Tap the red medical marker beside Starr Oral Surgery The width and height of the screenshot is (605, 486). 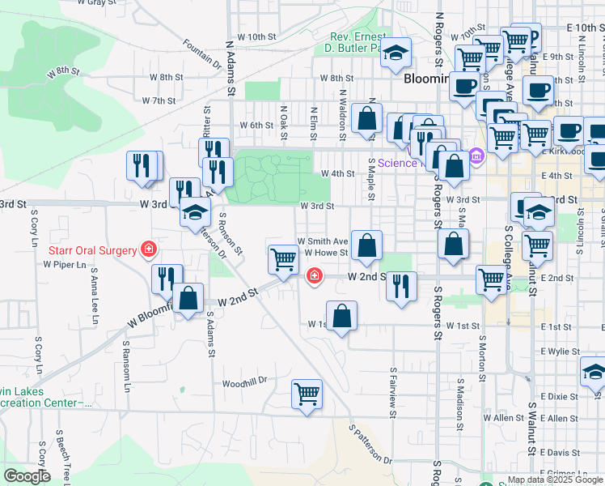(x=148, y=249)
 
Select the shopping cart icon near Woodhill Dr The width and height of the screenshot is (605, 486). (x=307, y=394)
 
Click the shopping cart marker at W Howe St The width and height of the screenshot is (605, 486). (x=283, y=260)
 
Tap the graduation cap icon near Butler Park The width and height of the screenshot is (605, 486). (x=395, y=53)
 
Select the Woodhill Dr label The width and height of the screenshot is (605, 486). (x=244, y=381)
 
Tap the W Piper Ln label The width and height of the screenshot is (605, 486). (x=65, y=264)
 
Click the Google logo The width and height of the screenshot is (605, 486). (x=27, y=476)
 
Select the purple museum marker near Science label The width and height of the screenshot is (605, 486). (x=476, y=156)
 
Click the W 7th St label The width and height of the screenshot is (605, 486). (x=159, y=101)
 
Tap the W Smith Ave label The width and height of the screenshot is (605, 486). (x=321, y=241)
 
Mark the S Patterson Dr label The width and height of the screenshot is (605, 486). (x=370, y=443)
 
